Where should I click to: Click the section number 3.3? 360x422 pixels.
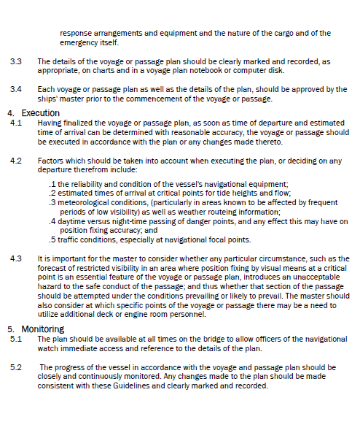click(x=15, y=62)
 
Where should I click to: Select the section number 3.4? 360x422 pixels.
click(x=15, y=89)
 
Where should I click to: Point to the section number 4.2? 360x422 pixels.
click(x=15, y=159)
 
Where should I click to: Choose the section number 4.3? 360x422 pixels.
click(x=15, y=258)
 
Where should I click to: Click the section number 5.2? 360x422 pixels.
click(x=15, y=367)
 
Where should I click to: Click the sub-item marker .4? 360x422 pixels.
click(x=52, y=220)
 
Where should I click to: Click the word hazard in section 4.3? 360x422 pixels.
click(x=50, y=287)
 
